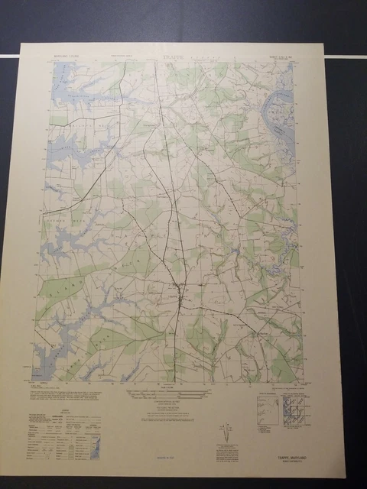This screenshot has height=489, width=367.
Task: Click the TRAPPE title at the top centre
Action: [174, 56]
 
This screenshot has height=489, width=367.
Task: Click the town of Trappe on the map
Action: [176, 290]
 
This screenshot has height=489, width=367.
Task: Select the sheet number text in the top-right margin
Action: [287, 56]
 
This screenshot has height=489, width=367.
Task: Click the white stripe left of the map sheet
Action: [8, 56]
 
